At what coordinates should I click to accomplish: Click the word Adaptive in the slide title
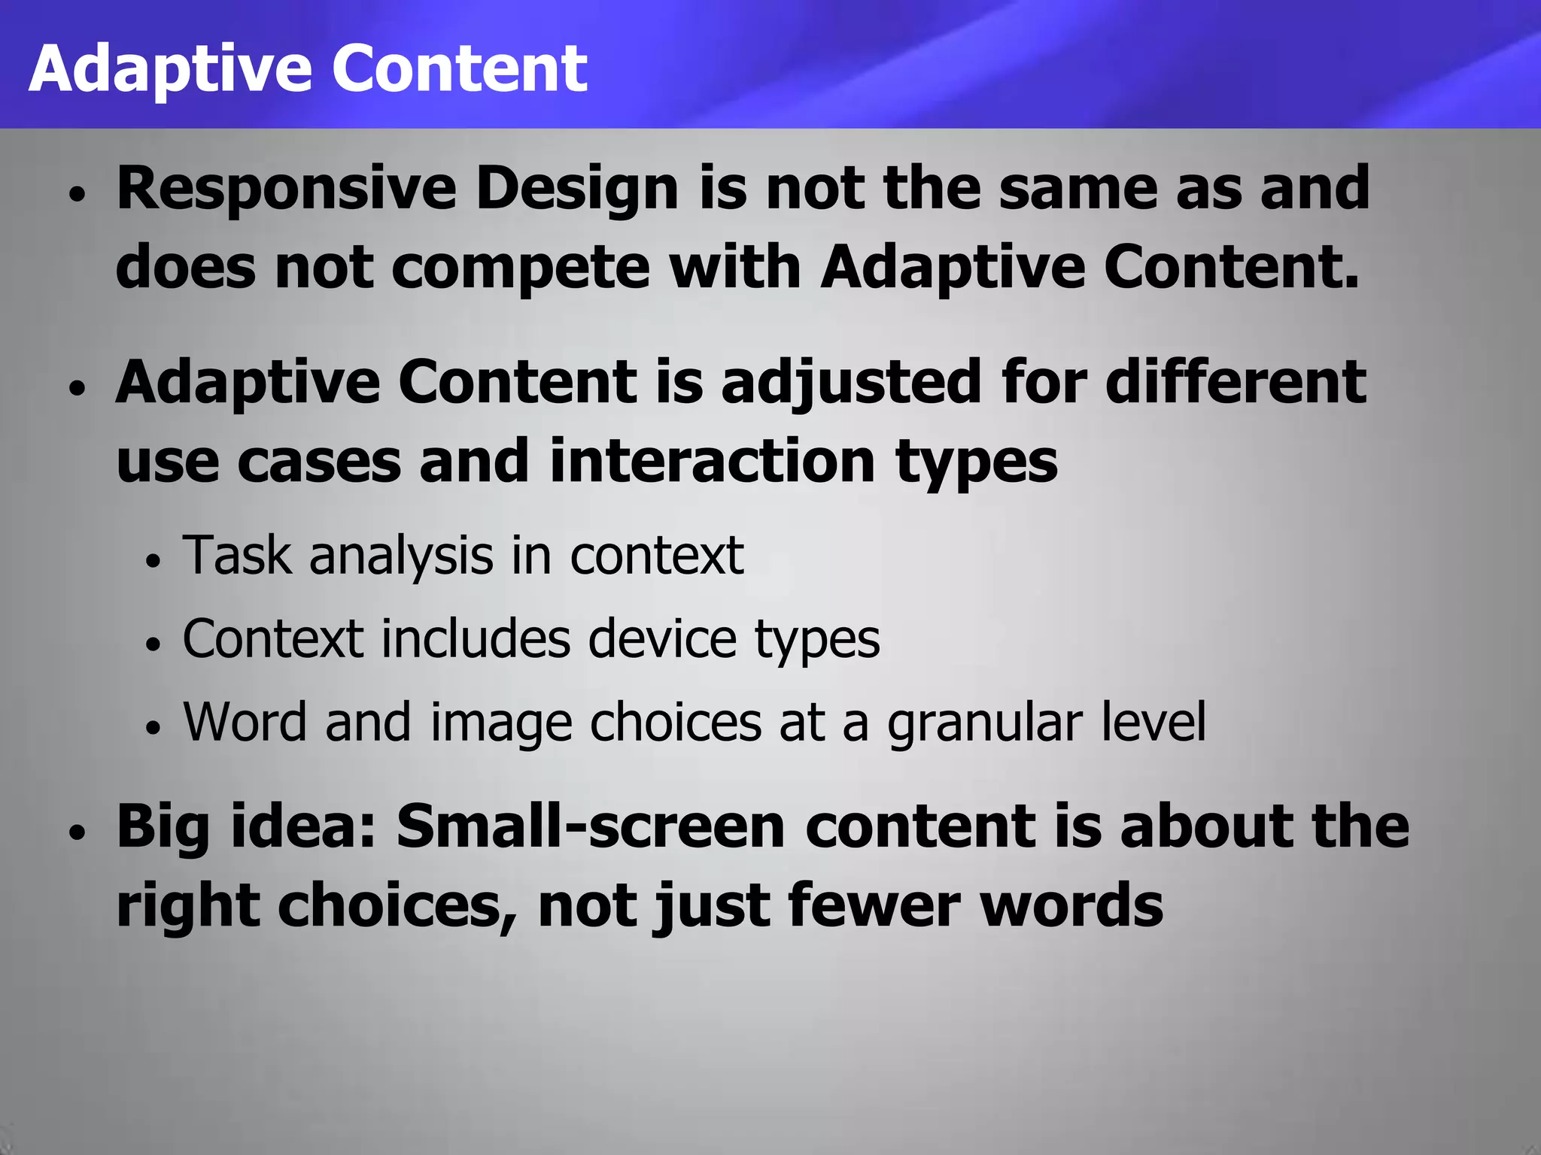pos(170,69)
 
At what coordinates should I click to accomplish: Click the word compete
pos(521,268)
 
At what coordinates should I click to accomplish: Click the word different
pos(1236,382)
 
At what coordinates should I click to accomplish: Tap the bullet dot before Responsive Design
pos(78,194)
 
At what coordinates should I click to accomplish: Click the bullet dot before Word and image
pos(153,727)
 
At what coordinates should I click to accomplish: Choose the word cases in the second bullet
pos(319,461)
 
